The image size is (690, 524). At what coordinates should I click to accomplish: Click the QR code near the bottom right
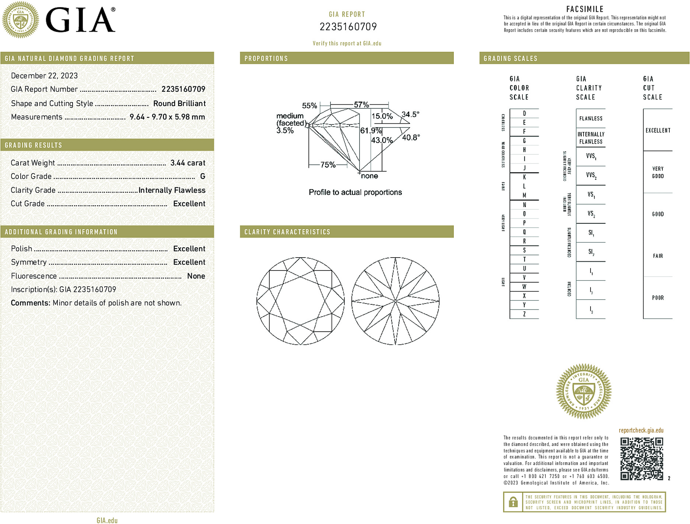(x=641, y=458)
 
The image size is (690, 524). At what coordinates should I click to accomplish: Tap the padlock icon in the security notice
(x=513, y=502)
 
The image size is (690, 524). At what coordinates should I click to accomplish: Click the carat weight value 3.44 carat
(x=188, y=163)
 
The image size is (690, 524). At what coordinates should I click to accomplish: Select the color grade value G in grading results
(x=202, y=177)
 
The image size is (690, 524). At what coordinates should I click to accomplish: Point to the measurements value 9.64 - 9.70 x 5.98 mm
(x=167, y=117)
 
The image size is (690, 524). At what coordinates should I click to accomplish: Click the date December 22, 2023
(x=44, y=76)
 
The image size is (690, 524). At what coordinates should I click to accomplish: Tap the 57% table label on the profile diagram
(x=361, y=105)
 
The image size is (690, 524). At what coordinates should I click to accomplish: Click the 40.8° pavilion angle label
(x=411, y=138)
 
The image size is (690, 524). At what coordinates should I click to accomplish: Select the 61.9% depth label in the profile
(x=371, y=131)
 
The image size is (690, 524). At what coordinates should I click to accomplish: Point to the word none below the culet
(x=369, y=176)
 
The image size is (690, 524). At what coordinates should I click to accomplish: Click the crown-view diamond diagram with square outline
(x=301, y=301)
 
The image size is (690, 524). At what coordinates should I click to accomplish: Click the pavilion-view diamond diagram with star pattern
(x=395, y=301)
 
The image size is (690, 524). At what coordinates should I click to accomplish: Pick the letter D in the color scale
(x=524, y=113)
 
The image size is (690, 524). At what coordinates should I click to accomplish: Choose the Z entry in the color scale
(x=524, y=314)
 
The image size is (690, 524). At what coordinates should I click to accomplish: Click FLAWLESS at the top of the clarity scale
(x=591, y=119)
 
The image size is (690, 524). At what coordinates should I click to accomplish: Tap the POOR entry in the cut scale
(x=658, y=298)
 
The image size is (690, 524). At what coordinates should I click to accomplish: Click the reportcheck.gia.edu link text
(x=641, y=430)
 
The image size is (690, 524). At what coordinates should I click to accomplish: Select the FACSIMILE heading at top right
(x=585, y=9)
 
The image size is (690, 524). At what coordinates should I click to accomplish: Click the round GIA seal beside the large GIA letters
(x=21, y=20)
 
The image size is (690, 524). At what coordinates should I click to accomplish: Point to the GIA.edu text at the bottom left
(x=107, y=520)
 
